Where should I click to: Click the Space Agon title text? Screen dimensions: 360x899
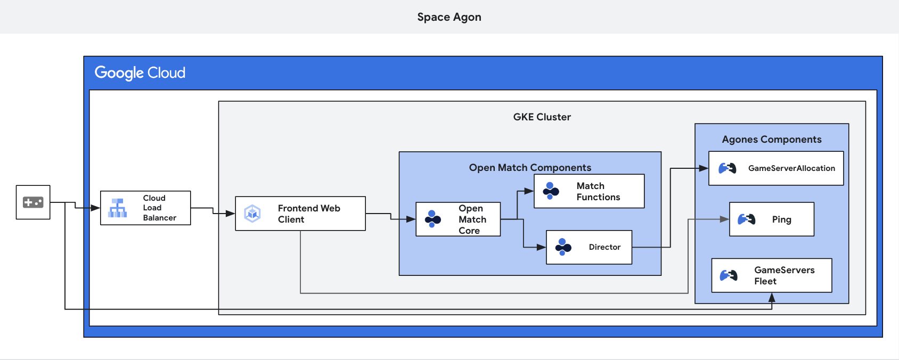449,17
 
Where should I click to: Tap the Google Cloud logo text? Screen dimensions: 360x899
140,72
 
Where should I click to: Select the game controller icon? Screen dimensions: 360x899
33,202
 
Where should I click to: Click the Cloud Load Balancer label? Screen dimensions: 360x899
159,208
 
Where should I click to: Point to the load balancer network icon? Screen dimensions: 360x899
117,208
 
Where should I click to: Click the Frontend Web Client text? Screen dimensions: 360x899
308,214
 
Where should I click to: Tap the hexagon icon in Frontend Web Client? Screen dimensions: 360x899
252,214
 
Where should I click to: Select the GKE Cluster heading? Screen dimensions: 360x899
542,117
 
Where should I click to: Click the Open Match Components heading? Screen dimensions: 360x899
530,168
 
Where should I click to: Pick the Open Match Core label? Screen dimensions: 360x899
472,219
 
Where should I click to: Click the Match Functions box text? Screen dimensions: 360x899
598,191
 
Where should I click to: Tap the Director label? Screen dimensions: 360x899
604,247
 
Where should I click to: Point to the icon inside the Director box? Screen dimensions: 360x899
563,247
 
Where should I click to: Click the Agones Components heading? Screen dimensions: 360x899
771,140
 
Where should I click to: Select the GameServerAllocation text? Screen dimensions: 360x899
791,168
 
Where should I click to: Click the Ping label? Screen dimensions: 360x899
781,219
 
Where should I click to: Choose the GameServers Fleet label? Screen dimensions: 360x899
784,275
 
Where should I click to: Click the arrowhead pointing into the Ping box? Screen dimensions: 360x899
724,219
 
